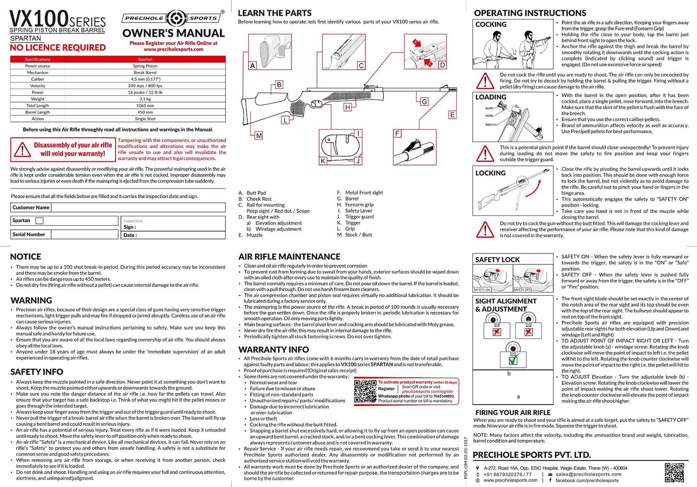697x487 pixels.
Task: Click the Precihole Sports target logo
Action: pos(177,18)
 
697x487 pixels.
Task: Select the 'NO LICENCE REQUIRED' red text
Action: pos(58,47)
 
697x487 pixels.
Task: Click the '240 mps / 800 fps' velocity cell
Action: pos(145,86)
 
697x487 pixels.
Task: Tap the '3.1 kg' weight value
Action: pos(145,99)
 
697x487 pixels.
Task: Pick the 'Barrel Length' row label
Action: pos(38,112)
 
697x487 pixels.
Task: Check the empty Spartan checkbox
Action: pos(40,221)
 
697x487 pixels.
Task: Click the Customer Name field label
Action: pos(31,208)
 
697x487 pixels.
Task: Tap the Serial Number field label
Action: pos(29,234)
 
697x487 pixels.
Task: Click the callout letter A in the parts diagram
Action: pos(253,66)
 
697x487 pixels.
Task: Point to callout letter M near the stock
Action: pos(259,136)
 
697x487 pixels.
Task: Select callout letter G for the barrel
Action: pos(424,102)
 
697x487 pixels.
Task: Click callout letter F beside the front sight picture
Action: pos(397,134)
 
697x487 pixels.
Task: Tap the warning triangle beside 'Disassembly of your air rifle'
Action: pos(22,150)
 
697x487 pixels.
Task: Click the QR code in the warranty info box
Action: pos(365,391)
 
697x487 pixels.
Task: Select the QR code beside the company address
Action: pos(674,472)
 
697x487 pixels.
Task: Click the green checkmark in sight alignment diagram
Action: pos(513,360)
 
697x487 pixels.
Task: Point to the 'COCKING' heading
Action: pos(491,25)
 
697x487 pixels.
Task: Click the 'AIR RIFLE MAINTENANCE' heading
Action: pos(289,257)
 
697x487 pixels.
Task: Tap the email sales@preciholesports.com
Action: pos(588,474)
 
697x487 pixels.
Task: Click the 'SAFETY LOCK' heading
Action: pos(497,260)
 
